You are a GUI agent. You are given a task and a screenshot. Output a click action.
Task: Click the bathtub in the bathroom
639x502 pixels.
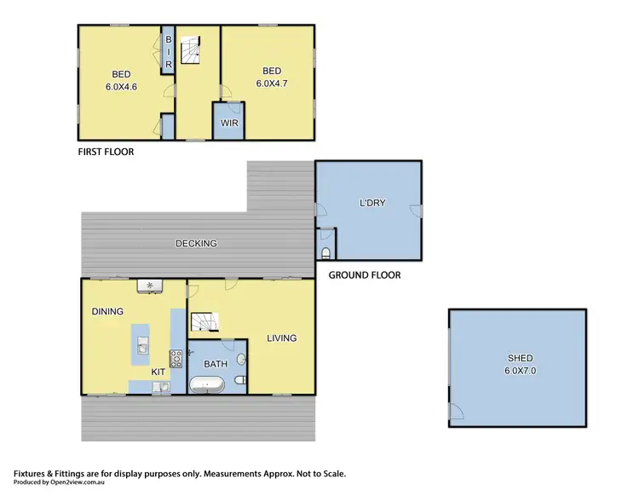pos(208,384)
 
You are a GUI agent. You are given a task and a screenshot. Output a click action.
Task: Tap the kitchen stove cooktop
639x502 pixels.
pos(176,359)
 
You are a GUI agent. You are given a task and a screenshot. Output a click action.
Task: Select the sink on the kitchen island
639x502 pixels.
pos(142,345)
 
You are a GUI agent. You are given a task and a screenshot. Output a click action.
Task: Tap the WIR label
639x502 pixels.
pos(228,123)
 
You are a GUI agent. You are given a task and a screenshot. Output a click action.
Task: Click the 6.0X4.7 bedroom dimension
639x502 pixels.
pos(272,84)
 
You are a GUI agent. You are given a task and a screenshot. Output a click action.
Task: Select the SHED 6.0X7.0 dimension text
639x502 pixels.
pos(517,372)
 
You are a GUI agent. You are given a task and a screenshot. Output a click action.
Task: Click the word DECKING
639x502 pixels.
pos(196,244)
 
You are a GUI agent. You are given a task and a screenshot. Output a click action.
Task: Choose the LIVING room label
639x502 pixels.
pos(281,338)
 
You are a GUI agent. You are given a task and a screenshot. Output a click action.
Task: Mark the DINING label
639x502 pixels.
pos(107,312)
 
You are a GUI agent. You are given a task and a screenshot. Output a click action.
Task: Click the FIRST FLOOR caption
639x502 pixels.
pos(106,152)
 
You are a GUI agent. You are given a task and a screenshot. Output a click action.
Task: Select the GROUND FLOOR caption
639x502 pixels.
pos(365,275)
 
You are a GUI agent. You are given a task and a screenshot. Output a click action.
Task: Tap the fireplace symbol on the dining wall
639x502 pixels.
pos(150,285)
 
